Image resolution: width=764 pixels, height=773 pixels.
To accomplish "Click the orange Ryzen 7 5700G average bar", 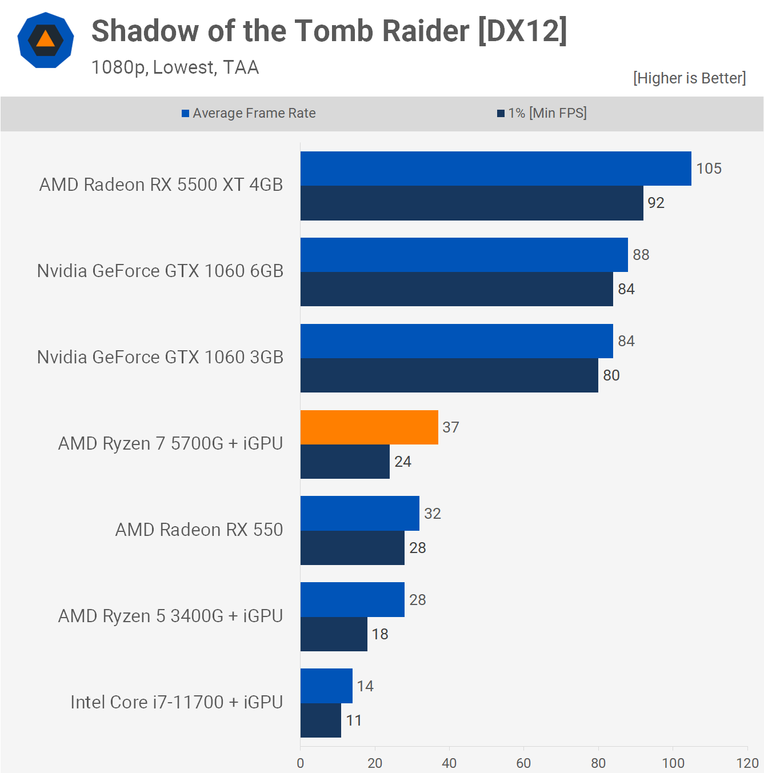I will [x=369, y=427].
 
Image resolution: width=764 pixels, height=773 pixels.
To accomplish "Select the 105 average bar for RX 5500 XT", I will [x=495, y=169].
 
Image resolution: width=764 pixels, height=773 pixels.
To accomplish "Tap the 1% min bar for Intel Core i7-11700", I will [x=321, y=720].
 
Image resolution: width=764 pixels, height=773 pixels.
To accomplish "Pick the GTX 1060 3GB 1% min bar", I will [x=449, y=375].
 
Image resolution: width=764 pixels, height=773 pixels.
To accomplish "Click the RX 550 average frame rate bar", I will [x=360, y=514].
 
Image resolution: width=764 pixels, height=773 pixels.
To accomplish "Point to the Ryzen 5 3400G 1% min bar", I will [x=334, y=634].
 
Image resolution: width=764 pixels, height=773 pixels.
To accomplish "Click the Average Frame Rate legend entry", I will [x=249, y=113].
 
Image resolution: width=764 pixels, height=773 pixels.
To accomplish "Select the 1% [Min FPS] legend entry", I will [x=542, y=113].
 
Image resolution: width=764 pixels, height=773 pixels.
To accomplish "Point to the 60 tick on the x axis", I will [x=523, y=763].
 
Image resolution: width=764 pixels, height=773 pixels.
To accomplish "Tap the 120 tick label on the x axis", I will [x=747, y=763].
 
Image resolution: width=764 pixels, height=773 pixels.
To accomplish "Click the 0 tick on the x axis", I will [x=301, y=763].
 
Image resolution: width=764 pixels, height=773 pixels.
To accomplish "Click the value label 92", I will [x=655, y=203].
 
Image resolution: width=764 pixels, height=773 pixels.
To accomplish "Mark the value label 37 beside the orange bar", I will [x=450, y=427].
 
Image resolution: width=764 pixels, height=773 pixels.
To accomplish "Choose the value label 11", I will [x=354, y=720].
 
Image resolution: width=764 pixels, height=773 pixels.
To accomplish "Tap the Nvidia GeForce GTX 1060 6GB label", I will [x=160, y=271].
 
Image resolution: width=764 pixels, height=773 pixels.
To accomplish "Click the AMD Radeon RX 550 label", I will [x=199, y=530].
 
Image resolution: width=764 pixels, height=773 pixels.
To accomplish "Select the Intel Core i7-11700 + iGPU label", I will [x=177, y=702].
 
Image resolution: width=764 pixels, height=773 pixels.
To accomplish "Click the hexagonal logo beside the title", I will [x=46, y=40].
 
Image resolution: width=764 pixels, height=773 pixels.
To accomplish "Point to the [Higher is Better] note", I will [x=689, y=78].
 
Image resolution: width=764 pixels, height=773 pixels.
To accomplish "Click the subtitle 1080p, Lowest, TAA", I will [x=175, y=67].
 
